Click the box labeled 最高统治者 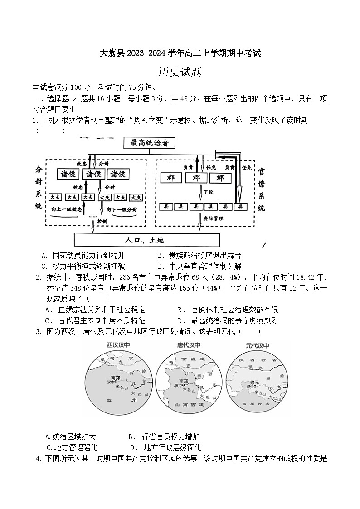pos(149,143)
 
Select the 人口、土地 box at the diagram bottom pos(146,239)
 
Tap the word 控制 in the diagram pos(102,221)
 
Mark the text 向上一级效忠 pos(67,210)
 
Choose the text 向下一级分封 pos(122,210)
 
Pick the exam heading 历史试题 pos(180,72)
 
